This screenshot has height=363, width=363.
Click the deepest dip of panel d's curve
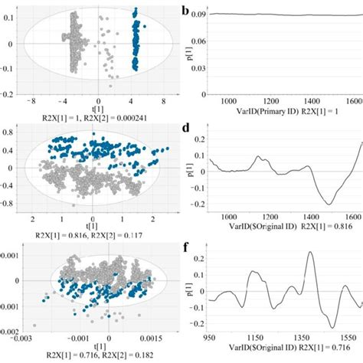pyautogui.click(x=329, y=204)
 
